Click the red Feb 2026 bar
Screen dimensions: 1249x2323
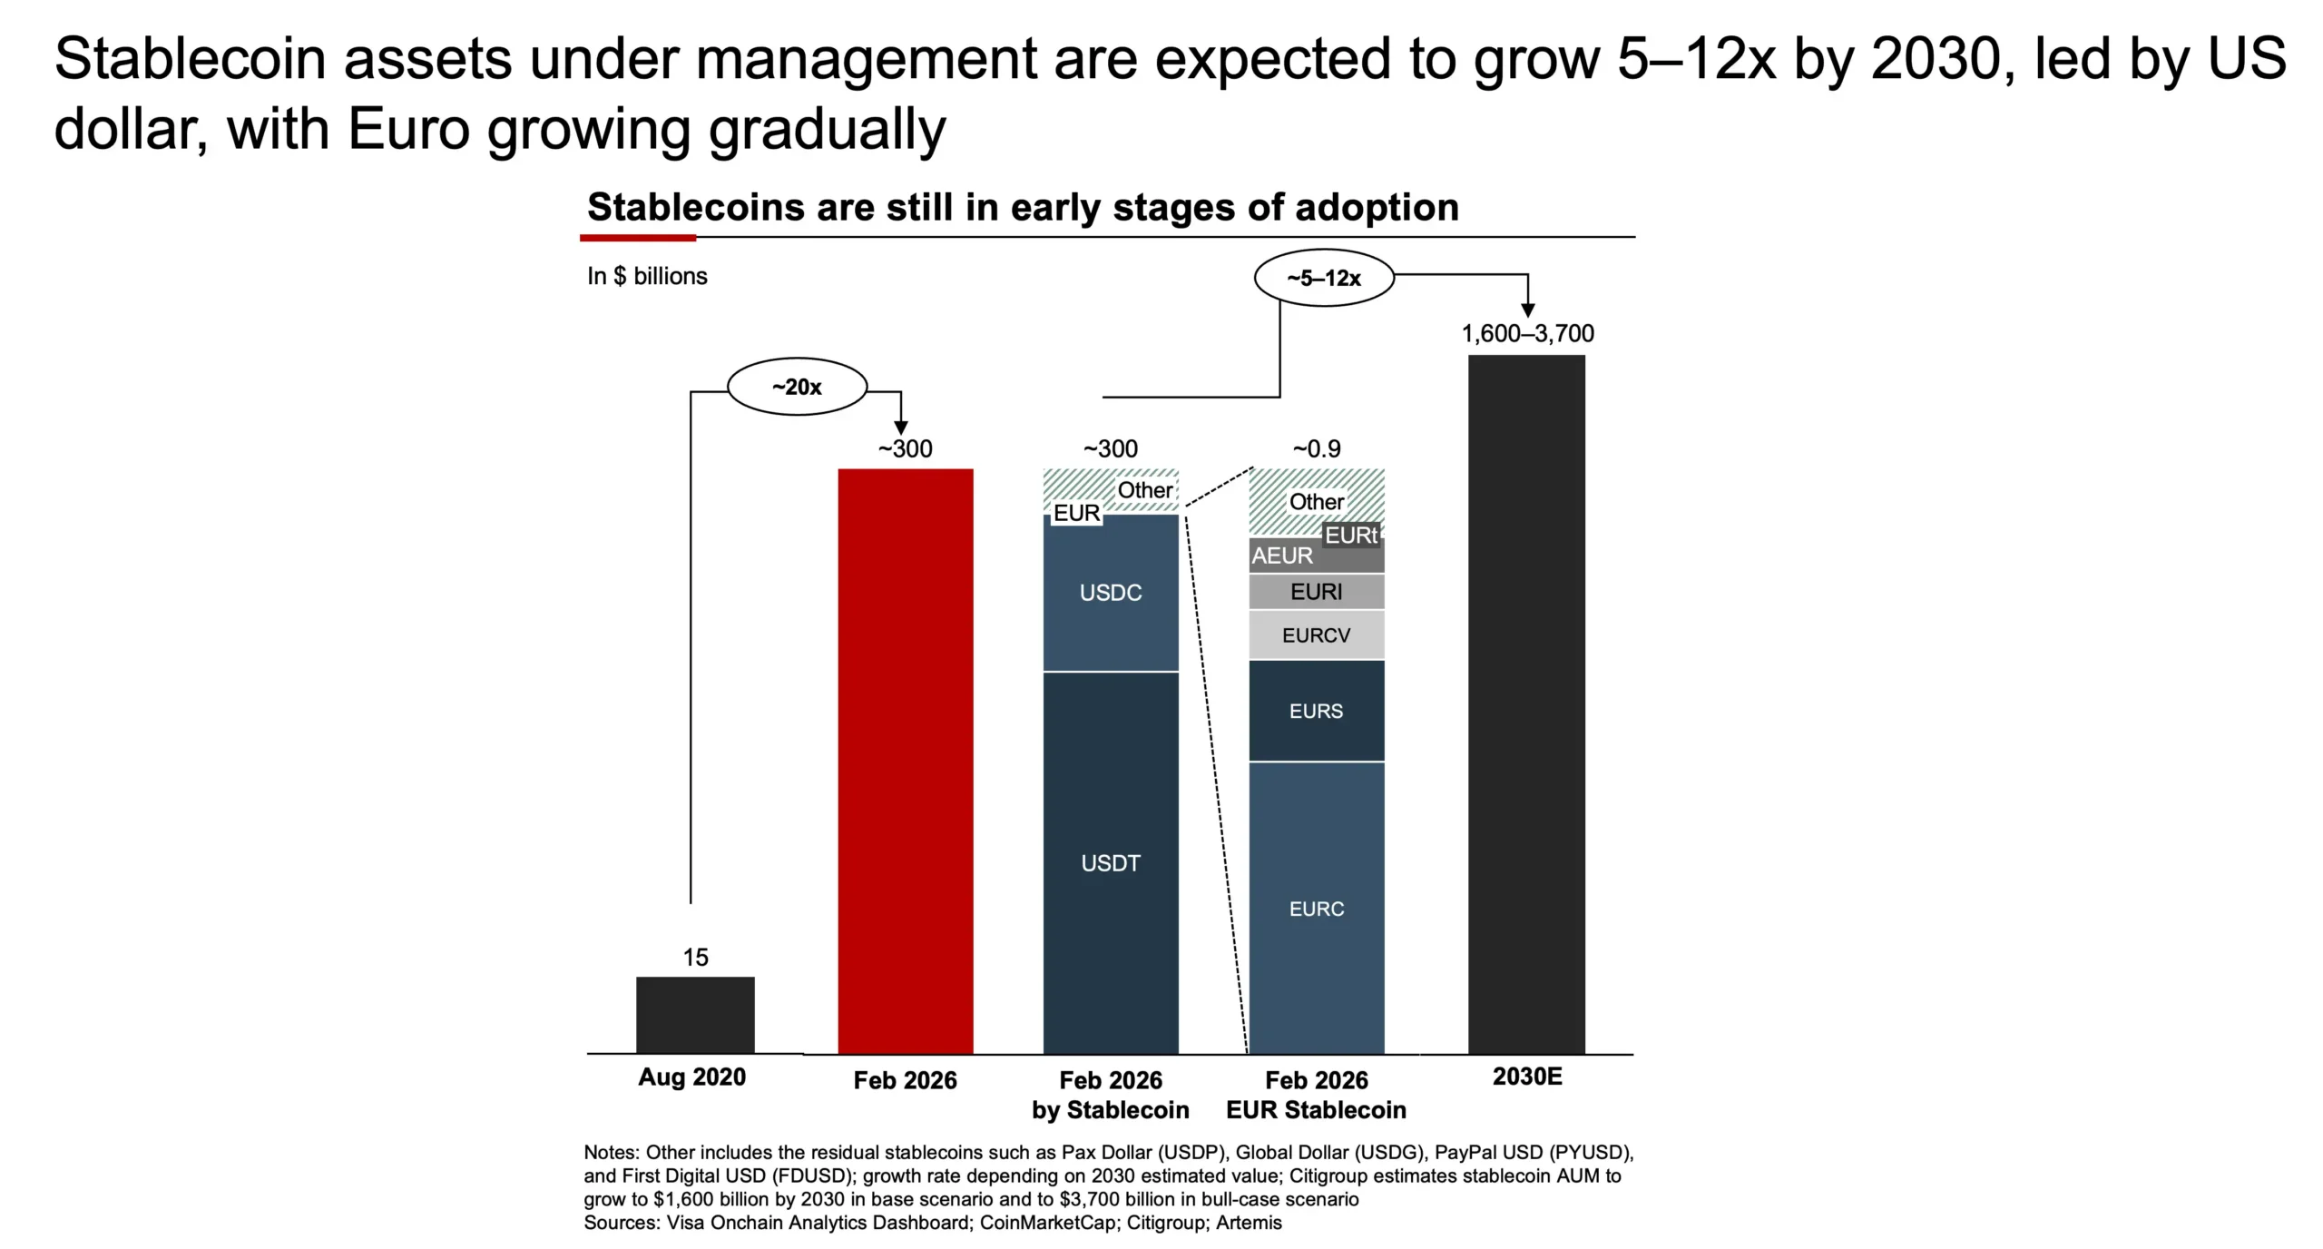[x=905, y=761]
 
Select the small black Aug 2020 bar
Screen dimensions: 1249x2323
[x=695, y=1015]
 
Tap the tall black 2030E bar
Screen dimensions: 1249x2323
[x=1526, y=703]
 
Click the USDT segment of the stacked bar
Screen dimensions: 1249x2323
[x=1111, y=862]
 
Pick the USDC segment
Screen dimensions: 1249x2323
[x=1111, y=593]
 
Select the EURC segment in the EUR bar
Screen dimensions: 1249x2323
[x=1316, y=908]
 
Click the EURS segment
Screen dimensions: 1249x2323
[x=1316, y=711]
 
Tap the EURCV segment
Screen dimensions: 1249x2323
[x=1316, y=635]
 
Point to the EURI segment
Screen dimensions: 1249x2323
[x=1316, y=592]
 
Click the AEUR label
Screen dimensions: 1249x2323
[x=1282, y=556]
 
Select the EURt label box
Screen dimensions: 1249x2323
[x=1351, y=536]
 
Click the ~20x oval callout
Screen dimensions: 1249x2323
[x=797, y=388]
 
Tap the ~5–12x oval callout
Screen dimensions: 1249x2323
[x=1324, y=279]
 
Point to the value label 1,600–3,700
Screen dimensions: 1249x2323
[x=1527, y=333]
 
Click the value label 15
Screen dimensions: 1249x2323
[x=695, y=957]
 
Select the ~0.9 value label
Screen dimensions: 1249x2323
[x=1316, y=448]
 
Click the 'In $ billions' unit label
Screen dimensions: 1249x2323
[x=647, y=276]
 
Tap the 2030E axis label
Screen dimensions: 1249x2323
[x=1527, y=1077]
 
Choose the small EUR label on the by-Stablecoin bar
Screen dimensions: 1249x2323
[x=1076, y=513]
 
